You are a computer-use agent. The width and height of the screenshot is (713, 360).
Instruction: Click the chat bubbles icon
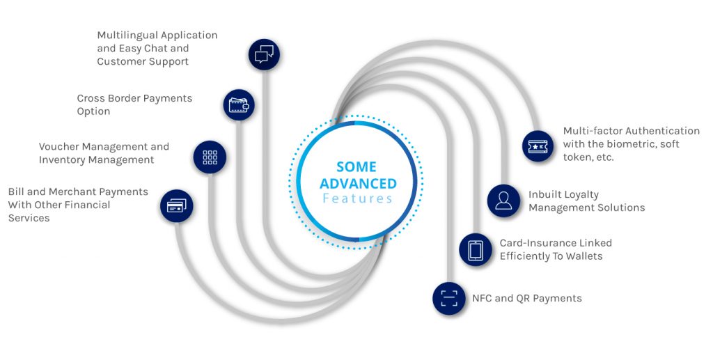pyautogui.click(x=264, y=53)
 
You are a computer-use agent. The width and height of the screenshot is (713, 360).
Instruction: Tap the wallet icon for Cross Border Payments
pyautogui.click(x=238, y=106)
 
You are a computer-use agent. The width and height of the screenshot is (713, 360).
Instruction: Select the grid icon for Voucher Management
pyautogui.click(x=210, y=157)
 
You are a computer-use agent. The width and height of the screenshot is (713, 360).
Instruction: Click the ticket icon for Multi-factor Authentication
pyautogui.click(x=538, y=146)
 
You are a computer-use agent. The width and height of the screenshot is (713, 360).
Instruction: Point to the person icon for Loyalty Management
pyautogui.click(x=503, y=201)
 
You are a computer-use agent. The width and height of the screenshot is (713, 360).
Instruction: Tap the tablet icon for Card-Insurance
pyautogui.click(x=476, y=249)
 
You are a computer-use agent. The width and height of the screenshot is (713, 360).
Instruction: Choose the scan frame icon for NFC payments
pyautogui.click(x=448, y=298)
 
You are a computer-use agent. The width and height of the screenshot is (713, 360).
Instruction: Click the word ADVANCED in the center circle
pyautogui.click(x=358, y=184)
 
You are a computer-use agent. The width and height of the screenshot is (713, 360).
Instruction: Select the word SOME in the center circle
pyautogui.click(x=356, y=167)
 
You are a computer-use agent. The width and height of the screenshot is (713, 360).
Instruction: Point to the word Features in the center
pyautogui.click(x=357, y=199)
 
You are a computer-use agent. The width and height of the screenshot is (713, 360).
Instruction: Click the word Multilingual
pyautogui.click(x=125, y=36)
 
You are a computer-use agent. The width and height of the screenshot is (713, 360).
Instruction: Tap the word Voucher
pyautogui.click(x=61, y=147)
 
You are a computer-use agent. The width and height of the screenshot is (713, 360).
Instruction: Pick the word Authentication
pyautogui.click(x=662, y=131)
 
